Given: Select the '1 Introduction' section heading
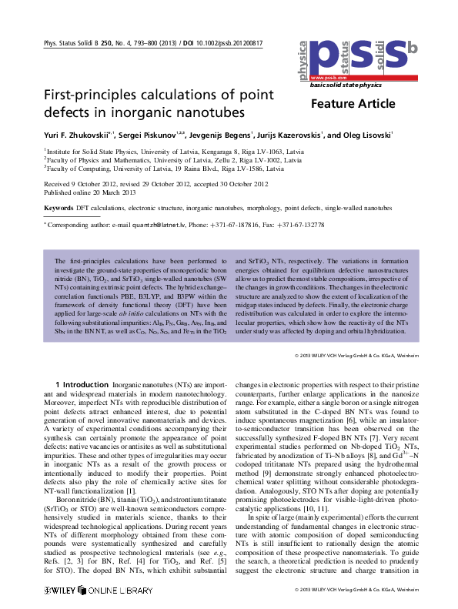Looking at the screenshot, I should click(x=82, y=383).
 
